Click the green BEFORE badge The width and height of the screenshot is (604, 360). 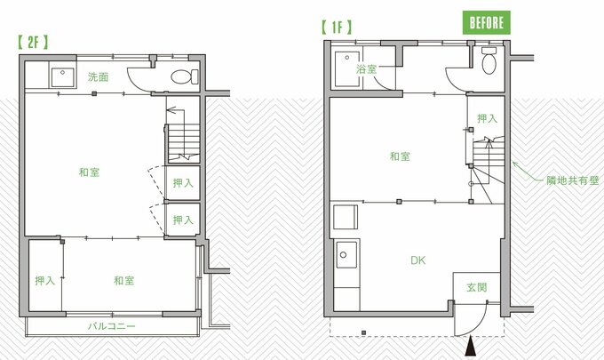[x=486, y=23]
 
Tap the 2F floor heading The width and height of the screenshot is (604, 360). [x=33, y=42]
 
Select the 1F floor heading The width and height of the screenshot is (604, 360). [x=337, y=27]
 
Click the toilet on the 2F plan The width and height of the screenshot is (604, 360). [x=184, y=76]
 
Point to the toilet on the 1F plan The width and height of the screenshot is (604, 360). [x=489, y=60]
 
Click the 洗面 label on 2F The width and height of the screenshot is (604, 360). [x=98, y=77]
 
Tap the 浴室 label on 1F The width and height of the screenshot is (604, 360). [x=366, y=69]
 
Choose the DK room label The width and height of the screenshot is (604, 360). [x=418, y=260]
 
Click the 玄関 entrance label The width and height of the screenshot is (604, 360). [x=476, y=287]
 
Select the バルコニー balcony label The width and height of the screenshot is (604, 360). [x=112, y=326]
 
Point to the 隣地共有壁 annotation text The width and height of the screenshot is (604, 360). [x=573, y=180]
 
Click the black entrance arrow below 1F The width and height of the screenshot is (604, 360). [x=471, y=346]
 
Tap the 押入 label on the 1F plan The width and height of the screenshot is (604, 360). [x=488, y=118]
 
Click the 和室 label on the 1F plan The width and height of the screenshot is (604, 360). [x=400, y=156]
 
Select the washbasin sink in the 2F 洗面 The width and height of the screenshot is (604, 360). [x=62, y=77]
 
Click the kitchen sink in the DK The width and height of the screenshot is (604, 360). [x=346, y=254]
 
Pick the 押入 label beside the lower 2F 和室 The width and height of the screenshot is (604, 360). [x=45, y=281]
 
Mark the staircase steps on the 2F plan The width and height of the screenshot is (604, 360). [x=184, y=143]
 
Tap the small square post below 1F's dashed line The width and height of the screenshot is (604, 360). [x=363, y=332]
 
